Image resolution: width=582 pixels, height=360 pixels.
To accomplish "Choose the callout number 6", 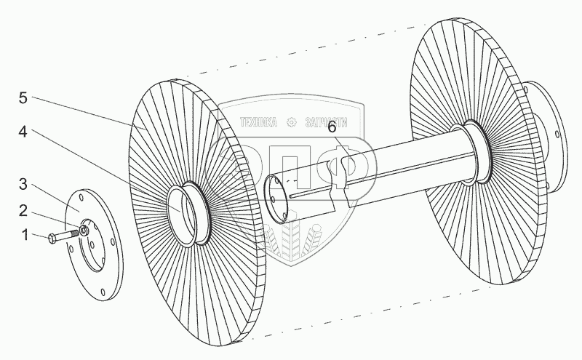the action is click(x=332, y=127).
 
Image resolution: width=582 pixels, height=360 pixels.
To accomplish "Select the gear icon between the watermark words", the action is click(x=291, y=122).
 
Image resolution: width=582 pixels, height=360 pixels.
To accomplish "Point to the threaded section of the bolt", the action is click(x=73, y=234).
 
